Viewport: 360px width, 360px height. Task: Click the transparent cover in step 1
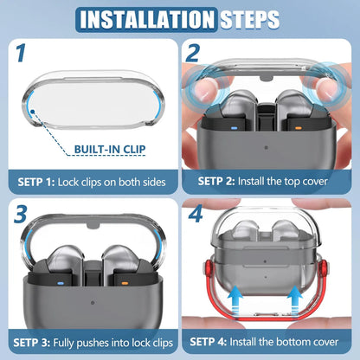pos(87,87)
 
